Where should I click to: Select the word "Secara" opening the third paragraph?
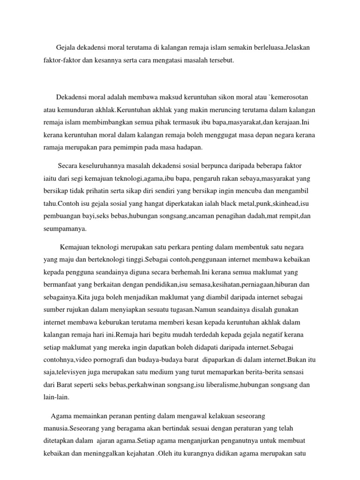tap(69, 166)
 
